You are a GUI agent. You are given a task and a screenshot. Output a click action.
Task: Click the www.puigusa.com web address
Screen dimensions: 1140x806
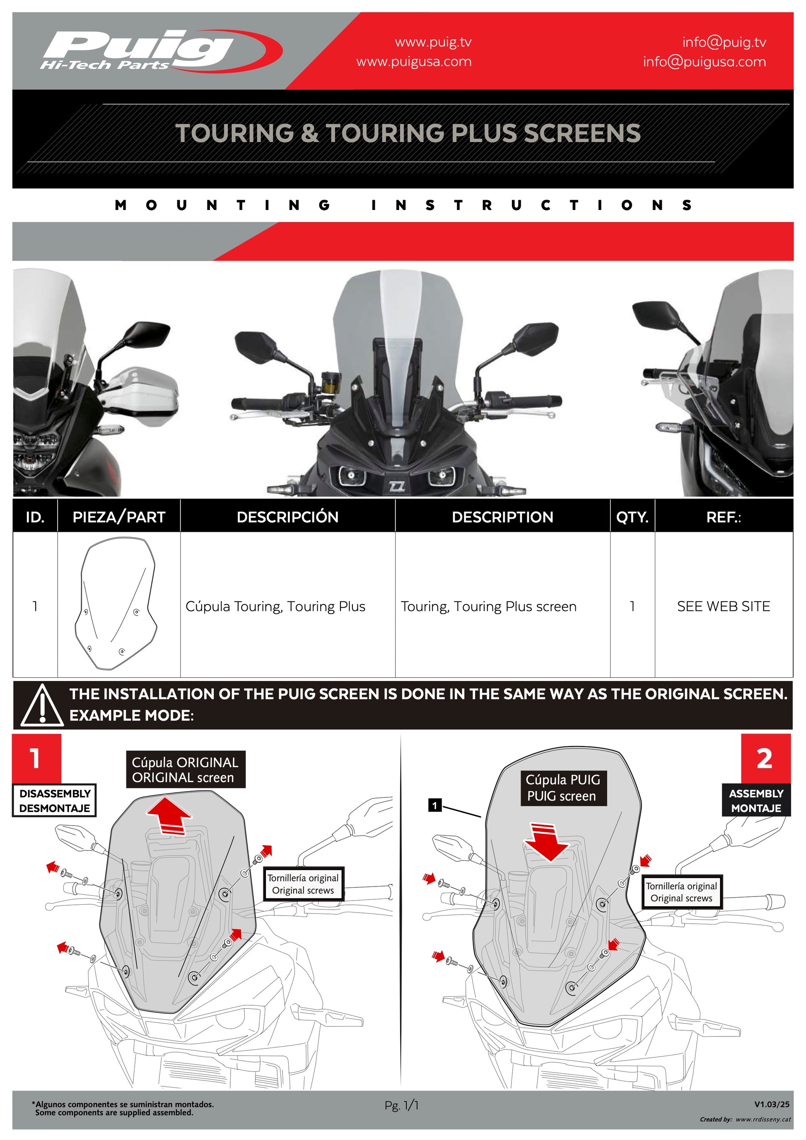[413, 62]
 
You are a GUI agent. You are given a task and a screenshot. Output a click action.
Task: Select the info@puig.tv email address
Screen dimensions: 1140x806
[724, 42]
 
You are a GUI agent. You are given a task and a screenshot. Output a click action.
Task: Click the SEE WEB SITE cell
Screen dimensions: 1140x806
[723, 606]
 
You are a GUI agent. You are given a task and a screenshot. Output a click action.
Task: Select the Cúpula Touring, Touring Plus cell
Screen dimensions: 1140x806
[275, 606]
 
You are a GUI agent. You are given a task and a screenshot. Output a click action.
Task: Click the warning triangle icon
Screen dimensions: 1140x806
[42, 705]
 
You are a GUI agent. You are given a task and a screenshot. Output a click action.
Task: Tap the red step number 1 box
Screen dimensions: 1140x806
[36, 758]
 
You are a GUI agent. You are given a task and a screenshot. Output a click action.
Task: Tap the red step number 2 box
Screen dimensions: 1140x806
[765, 758]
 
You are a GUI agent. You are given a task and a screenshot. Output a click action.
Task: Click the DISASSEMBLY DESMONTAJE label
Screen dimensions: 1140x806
[55, 800]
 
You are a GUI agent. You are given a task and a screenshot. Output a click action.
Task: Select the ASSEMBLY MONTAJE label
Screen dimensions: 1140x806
[755, 800]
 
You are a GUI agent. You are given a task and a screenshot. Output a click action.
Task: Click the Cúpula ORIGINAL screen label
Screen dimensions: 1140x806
[185, 770]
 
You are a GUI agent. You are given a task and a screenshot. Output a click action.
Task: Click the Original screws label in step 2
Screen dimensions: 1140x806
[681, 892]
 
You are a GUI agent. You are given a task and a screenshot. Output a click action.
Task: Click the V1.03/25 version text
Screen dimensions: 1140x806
[771, 1104]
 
